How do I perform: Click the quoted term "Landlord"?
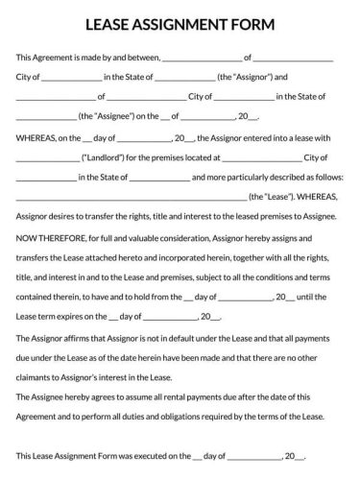(108, 157)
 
